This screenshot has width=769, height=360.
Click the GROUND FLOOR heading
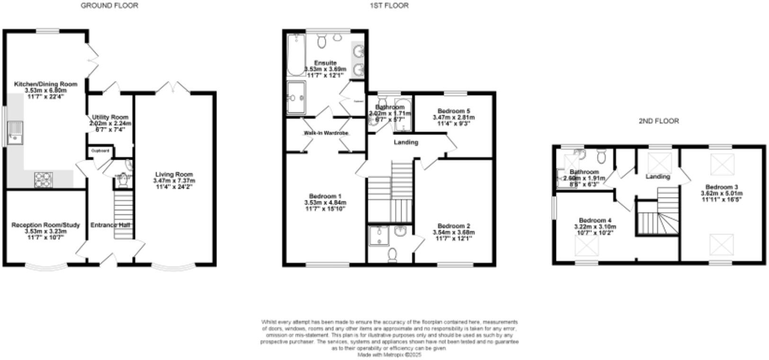pyautogui.click(x=109, y=6)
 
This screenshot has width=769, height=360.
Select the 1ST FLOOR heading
pyautogui.click(x=389, y=6)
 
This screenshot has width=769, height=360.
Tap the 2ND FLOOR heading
pyautogui.click(x=658, y=121)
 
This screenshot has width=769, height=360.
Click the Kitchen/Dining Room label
pyautogui.click(x=45, y=84)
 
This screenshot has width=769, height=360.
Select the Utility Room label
pyautogui.click(x=110, y=117)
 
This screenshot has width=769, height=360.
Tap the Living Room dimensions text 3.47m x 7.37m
pyautogui.click(x=174, y=181)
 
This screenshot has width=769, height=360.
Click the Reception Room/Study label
pyautogui.click(x=45, y=225)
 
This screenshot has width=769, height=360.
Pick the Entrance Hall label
pyautogui.click(x=110, y=225)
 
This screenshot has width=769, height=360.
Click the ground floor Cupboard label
pyautogui.click(x=100, y=151)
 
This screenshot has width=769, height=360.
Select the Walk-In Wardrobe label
pyautogui.click(x=326, y=133)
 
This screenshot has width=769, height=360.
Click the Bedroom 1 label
pyautogui.click(x=325, y=196)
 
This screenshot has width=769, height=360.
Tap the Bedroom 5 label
pyautogui.click(x=453, y=111)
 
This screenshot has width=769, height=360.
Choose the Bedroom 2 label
pyautogui.click(x=453, y=226)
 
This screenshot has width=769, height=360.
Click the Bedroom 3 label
pyautogui.click(x=721, y=187)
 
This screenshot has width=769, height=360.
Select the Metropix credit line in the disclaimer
pyautogui.click(x=389, y=354)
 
